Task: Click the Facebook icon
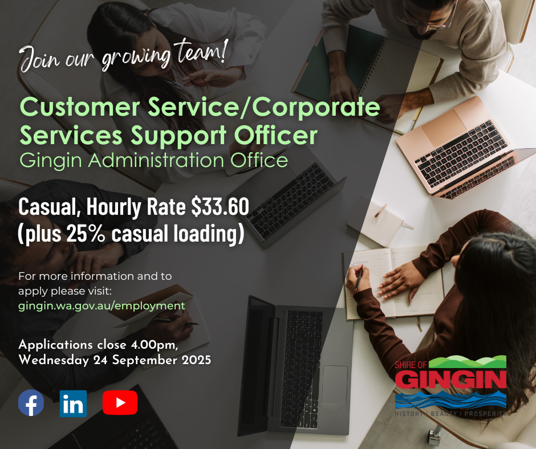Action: [x=31, y=402]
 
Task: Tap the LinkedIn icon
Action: [x=73, y=403]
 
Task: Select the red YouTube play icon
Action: [x=120, y=402]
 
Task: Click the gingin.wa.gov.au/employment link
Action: [x=101, y=305]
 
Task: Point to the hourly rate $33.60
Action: [x=220, y=206]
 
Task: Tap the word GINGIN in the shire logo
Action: [x=450, y=379]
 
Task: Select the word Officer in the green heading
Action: [x=275, y=135]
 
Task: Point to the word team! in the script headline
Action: [x=201, y=51]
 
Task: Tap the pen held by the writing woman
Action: [x=358, y=278]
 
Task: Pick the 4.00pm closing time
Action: [x=154, y=345]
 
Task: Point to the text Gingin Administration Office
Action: [x=154, y=160]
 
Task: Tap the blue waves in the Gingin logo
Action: [x=450, y=400]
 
